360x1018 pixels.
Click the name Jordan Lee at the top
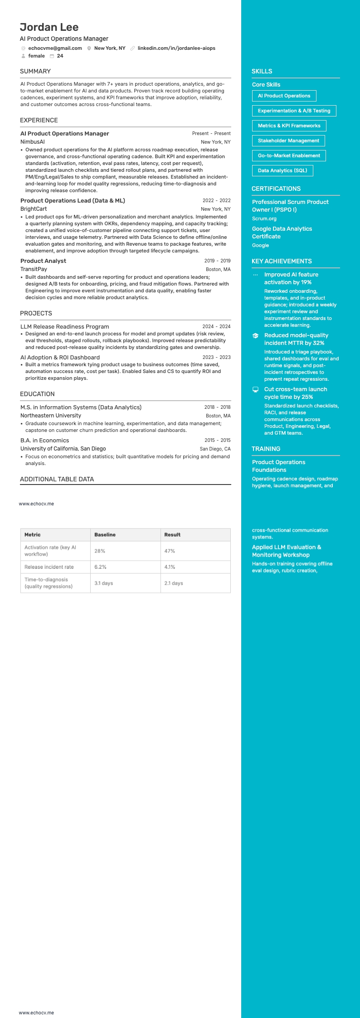pos(49,27)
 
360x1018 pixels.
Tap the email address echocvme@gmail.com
pos(55,48)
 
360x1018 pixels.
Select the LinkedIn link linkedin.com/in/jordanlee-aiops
pos(176,48)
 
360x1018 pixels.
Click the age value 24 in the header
pos(60,56)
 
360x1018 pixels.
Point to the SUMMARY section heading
pos(35,71)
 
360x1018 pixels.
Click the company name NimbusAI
pos(33,142)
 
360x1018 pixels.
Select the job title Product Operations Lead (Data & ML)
pos(73,200)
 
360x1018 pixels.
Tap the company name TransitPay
pos(34,269)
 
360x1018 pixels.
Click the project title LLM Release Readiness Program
pos(64,326)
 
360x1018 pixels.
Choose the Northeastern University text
pos(51,416)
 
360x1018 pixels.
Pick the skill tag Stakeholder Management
pos(288,141)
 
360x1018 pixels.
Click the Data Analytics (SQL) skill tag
pos(282,170)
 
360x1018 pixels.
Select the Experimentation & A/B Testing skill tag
pos(294,111)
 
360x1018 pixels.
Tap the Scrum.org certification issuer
pos(264,218)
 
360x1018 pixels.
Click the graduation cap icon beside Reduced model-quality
pos(255,336)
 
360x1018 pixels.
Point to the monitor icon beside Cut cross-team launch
pos(255,389)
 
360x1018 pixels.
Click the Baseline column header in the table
pos(105,535)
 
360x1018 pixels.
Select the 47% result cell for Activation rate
pos(170,551)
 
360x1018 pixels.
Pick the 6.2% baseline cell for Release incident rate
pos(100,567)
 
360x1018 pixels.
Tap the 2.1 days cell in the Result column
pos(174,583)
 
